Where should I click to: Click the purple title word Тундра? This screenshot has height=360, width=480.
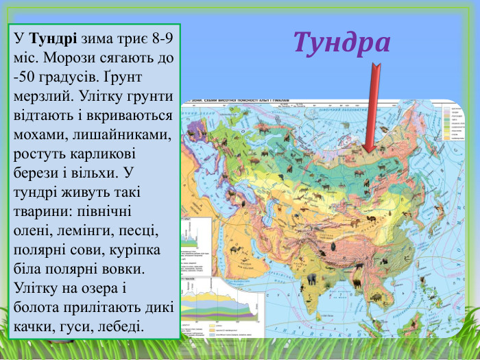(341, 42)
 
